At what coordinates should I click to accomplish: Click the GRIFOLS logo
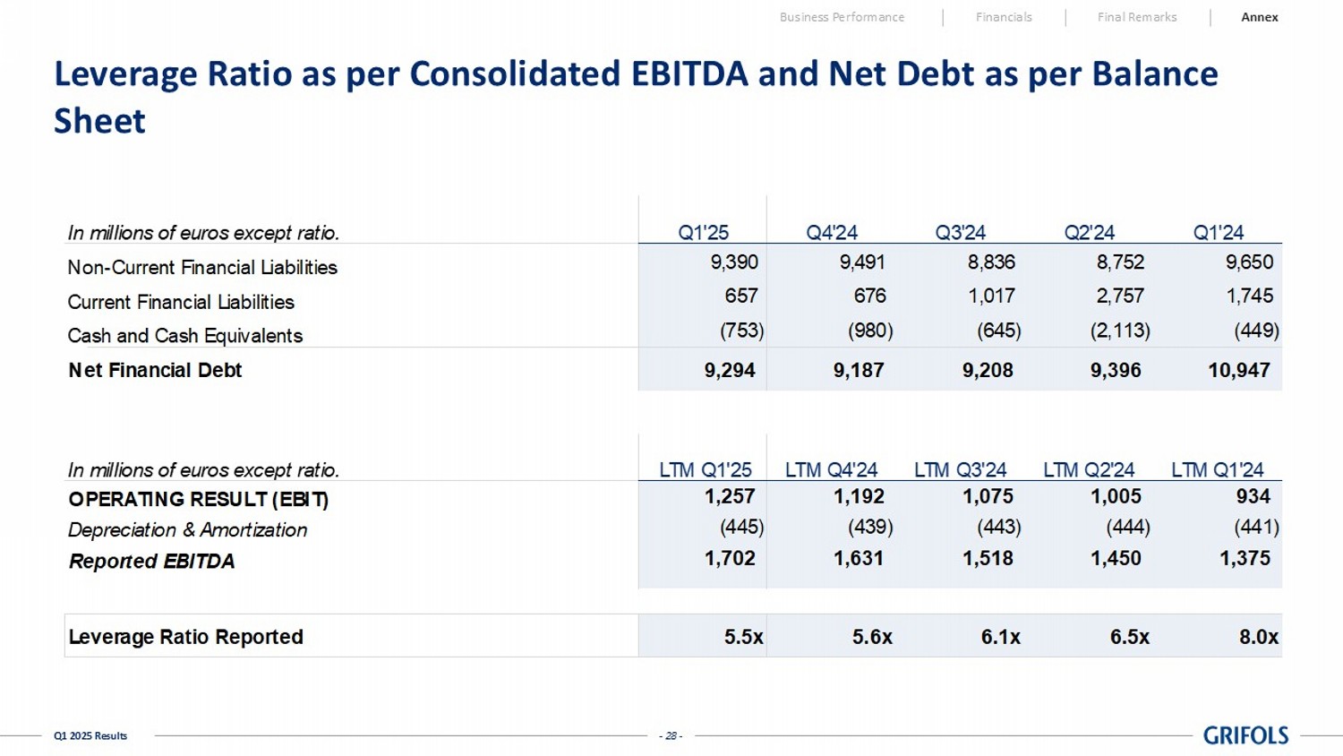(x=1245, y=735)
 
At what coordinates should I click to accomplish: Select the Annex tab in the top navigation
(x=1259, y=17)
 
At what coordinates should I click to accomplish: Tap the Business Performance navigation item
(x=842, y=17)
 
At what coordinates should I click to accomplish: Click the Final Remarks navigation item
(x=1137, y=17)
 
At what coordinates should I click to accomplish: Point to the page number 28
(x=671, y=736)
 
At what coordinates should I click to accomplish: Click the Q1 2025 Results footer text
(x=90, y=736)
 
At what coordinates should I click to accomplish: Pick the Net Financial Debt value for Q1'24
(x=1239, y=370)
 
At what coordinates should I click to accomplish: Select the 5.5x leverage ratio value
(x=743, y=637)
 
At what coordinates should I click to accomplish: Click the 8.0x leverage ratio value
(x=1258, y=637)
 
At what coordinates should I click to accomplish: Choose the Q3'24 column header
(x=960, y=233)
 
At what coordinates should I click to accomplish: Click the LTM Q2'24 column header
(x=1089, y=470)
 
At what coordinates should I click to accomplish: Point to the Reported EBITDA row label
(x=151, y=562)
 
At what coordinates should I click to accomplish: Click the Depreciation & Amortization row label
(x=187, y=530)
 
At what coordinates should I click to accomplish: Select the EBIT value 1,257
(x=730, y=496)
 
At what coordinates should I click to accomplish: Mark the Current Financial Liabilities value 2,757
(x=1120, y=296)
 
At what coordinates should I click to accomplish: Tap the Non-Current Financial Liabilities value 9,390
(x=733, y=262)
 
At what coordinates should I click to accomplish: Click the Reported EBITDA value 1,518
(x=988, y=558)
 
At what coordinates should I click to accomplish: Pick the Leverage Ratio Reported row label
(x=185, y=637)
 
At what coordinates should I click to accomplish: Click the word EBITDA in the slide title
(x=689, y=73)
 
